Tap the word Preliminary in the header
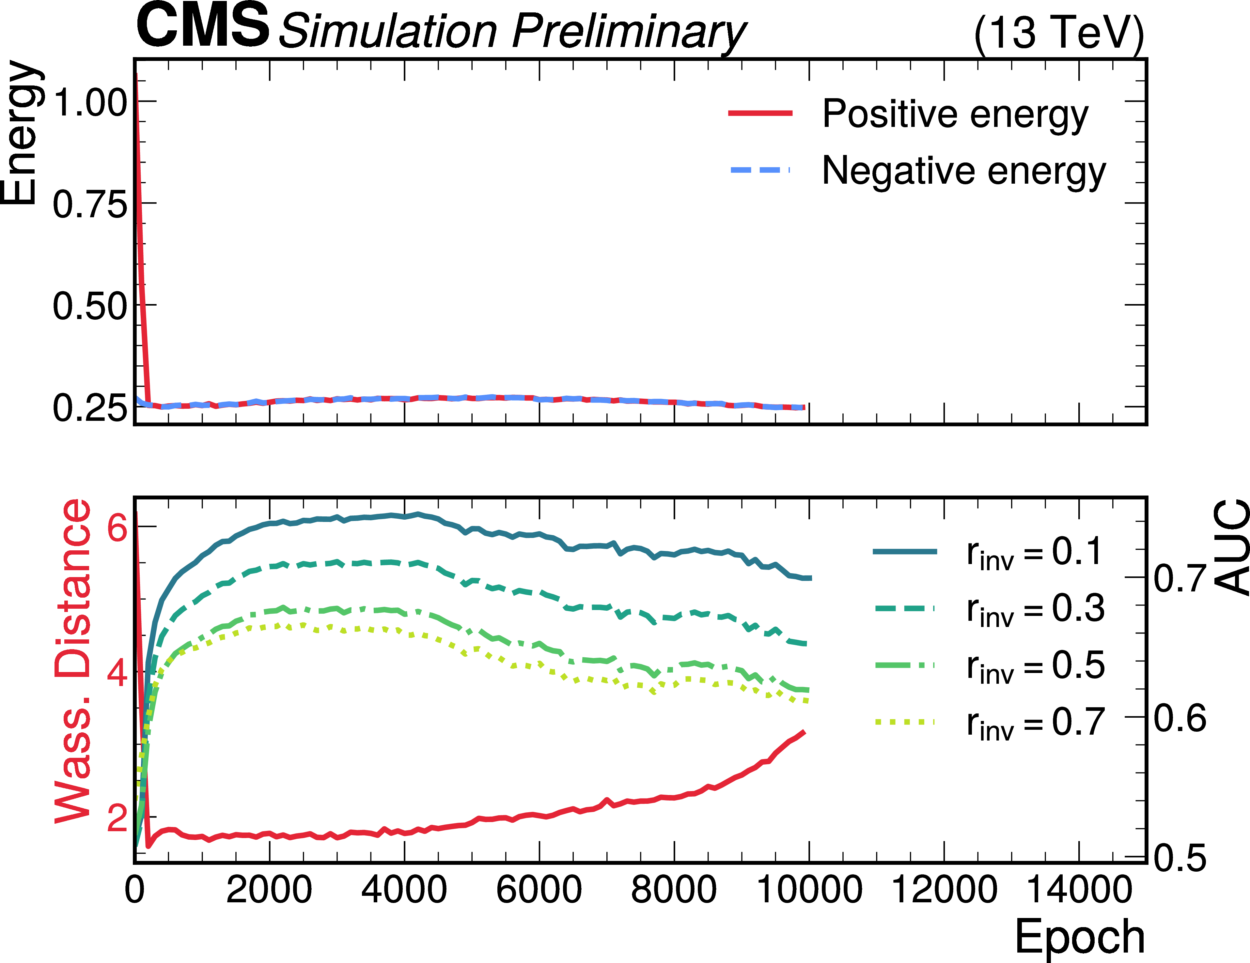tap(629, 31)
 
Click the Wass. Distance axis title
tap(73, 662)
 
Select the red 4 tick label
tap(117, 673)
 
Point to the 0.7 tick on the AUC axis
tap(1180, 578)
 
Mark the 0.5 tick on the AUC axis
tap(1180, 858)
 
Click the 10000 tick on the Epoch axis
tap(809, 890)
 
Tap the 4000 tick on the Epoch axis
tap(404, 890)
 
